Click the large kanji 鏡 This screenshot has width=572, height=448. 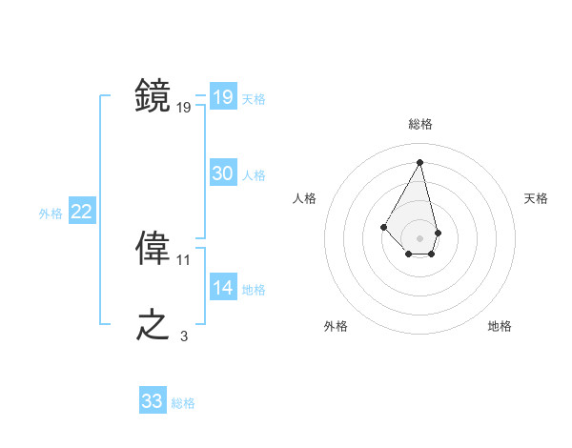tap(153, 96)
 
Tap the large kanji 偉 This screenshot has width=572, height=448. tap(153, 250)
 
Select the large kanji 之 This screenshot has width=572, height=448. tap(153, 326)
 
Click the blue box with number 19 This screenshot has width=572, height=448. tap(223, 97)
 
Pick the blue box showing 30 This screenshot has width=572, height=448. tap(223, 173)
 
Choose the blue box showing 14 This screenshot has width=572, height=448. tap(223, 288)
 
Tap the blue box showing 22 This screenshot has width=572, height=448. tap(82, 212)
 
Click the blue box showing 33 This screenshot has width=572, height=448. tap(153, 401)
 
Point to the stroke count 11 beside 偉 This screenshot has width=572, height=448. tap(184, 259)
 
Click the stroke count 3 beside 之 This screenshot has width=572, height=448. tap(184, 336)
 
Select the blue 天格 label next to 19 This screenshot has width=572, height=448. tap(254, 98)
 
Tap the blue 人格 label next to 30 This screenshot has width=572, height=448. tap(254, 174)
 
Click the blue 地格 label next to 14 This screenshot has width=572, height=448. tap(254, 289)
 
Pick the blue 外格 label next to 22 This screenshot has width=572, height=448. tap(51, 214)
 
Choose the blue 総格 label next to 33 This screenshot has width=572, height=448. tap(183, 403)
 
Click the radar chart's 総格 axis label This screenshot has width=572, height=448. tap(420, 124)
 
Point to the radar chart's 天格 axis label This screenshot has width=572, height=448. tap(537, 198)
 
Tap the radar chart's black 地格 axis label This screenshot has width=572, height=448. tap(500, 327)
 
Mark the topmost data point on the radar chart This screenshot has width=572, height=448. tap(420, 161)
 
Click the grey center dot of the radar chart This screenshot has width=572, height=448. tap(420, 237)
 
